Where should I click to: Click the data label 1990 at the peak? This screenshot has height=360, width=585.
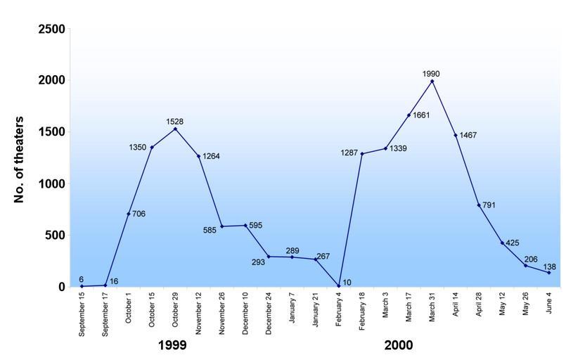coord(432,73)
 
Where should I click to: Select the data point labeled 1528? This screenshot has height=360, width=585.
coord(175,129)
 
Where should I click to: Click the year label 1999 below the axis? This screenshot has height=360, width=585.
coord(172,345)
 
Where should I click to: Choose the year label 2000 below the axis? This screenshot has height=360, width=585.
coord(399,345)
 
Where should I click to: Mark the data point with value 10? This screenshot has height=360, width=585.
coord(339,285)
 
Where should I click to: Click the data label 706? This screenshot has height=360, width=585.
coord(139,213)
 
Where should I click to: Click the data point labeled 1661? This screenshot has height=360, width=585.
coord(409,115)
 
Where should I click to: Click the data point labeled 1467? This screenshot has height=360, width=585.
coord(456,135)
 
